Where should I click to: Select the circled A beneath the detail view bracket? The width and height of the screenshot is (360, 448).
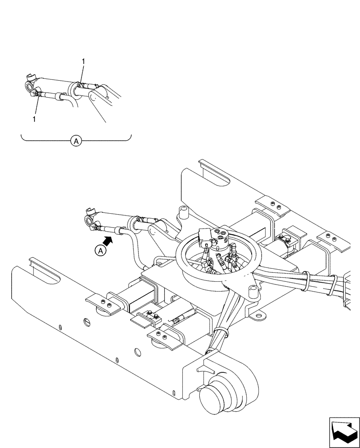coord(76,141)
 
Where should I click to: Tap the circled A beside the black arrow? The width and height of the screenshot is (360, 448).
coord(101,251)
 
